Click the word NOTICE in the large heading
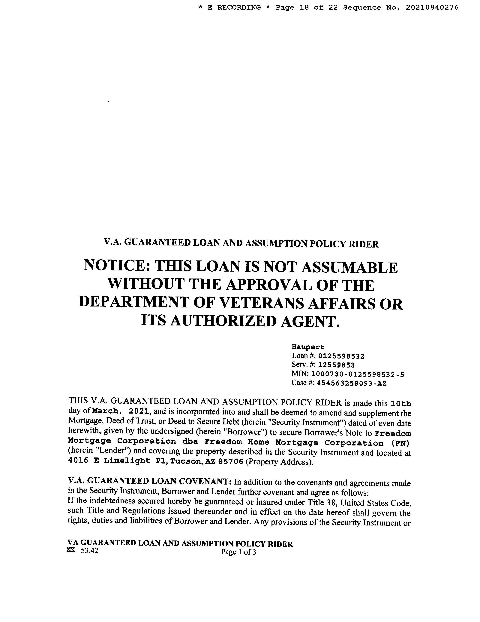click(x=117, y=267)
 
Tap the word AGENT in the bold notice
click(x=310, y=321)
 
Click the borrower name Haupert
click(x=308, y=347)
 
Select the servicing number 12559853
click(x=336, y=365)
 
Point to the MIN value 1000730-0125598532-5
click(x=357, y=374)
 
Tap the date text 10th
click(x=401, y=404)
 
